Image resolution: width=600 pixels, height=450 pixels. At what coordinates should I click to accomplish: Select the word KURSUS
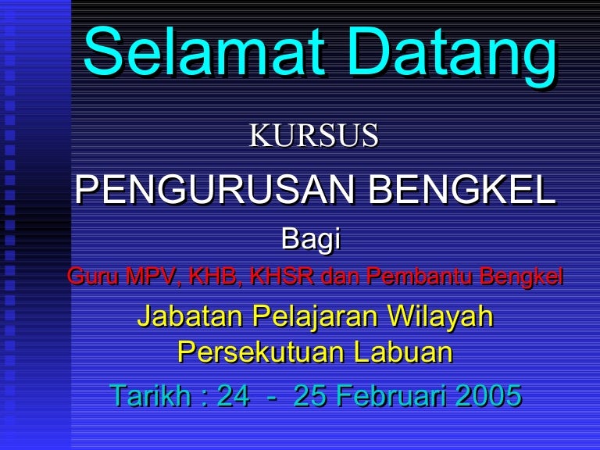pyautogui.click(x=314, y=135)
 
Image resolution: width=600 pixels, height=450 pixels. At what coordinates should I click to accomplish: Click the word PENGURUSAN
pyautogui.click(x=215, y=190)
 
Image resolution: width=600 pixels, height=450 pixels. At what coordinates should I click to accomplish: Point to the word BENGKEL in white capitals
pyautogui.click(x=462, y=190)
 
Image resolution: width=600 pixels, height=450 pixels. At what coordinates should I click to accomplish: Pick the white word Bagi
pyautogui.click(x=311, y=240)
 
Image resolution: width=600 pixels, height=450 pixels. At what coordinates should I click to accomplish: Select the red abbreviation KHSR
pyautogui.click(x=282, y=276)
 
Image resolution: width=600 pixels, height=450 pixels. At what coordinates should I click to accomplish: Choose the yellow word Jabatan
pyautogui.click(x=190, y=317)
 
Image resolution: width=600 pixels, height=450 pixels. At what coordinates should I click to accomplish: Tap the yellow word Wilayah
pyautogui.click(x=440, y=317)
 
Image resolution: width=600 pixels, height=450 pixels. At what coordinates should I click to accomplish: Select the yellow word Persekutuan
pyautogui.click(x=261, y=352)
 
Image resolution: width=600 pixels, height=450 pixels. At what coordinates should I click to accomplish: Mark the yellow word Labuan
pyautogui.click(x=403, y=352)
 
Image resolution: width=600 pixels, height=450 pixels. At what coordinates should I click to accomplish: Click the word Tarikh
pyautogui.click(x=150, y=395)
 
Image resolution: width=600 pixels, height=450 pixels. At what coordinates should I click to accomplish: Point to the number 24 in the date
pyautogui.click(x=233, y=395)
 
